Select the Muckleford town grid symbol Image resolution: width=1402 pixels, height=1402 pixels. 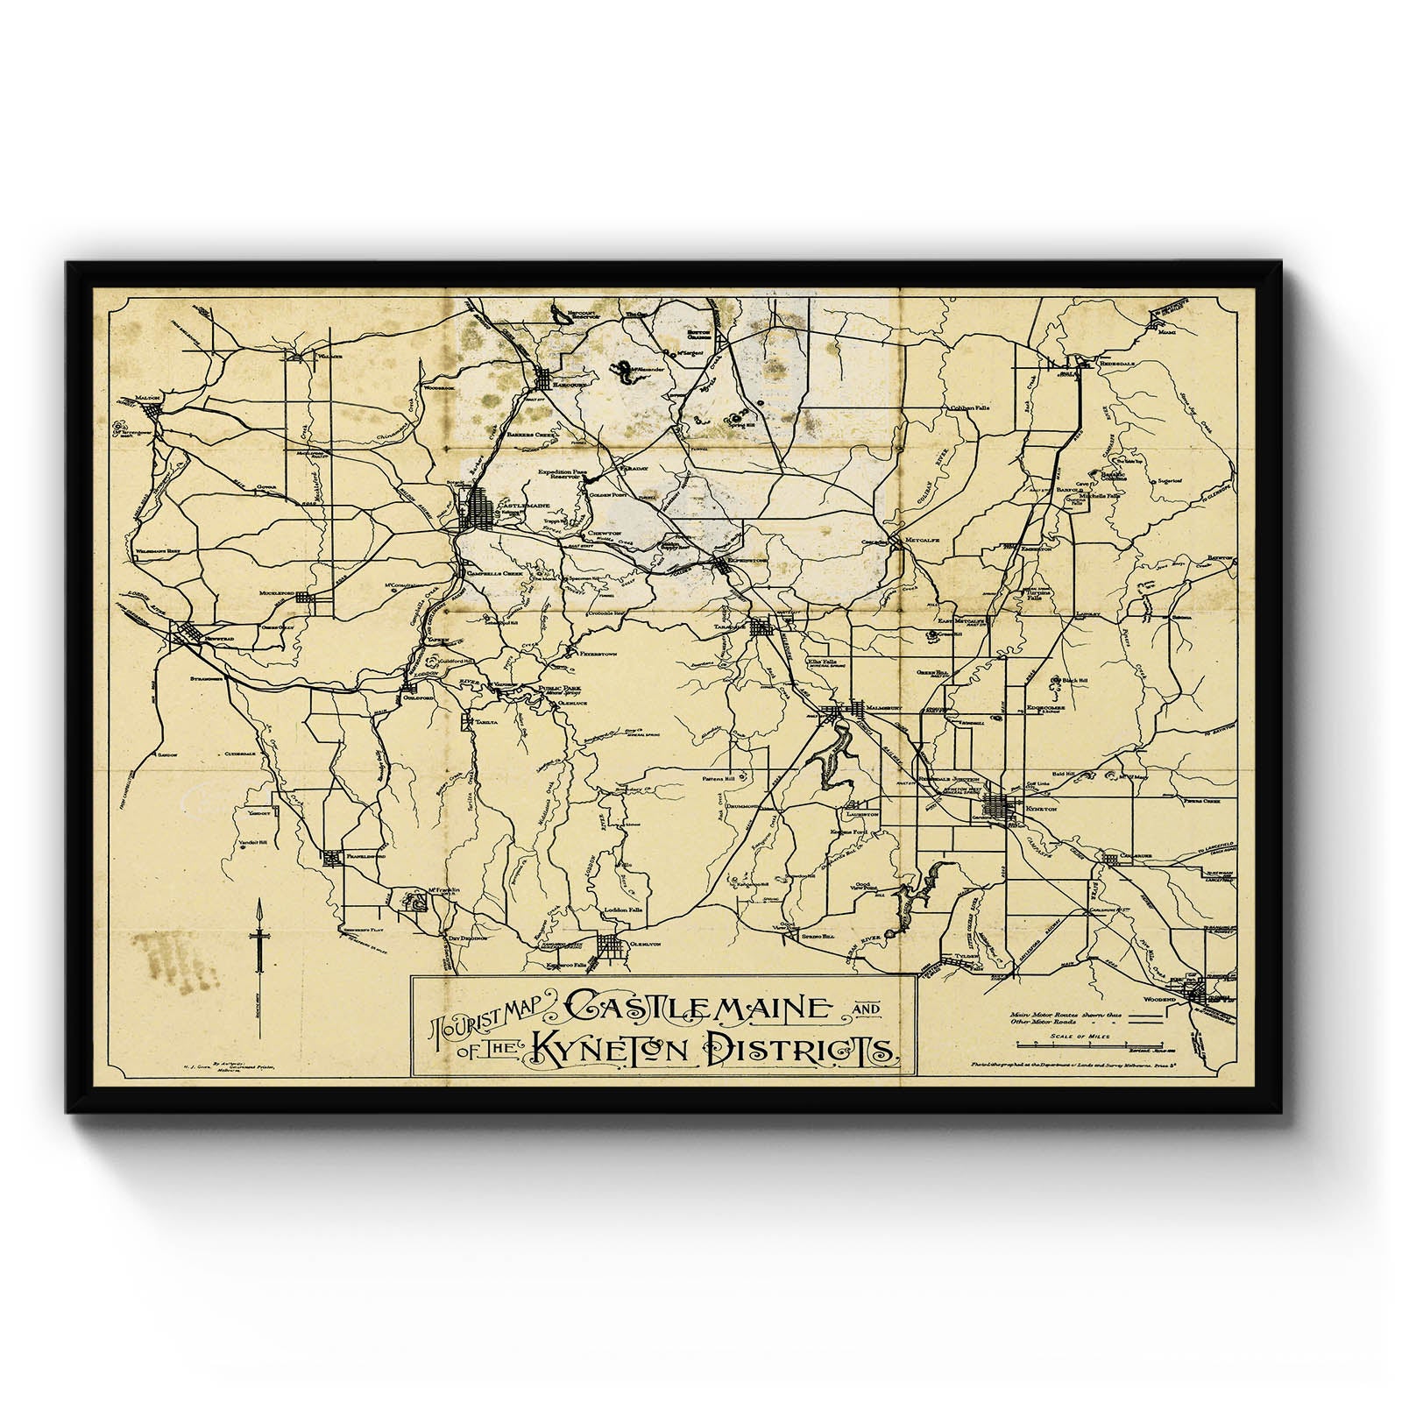(306, 598)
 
